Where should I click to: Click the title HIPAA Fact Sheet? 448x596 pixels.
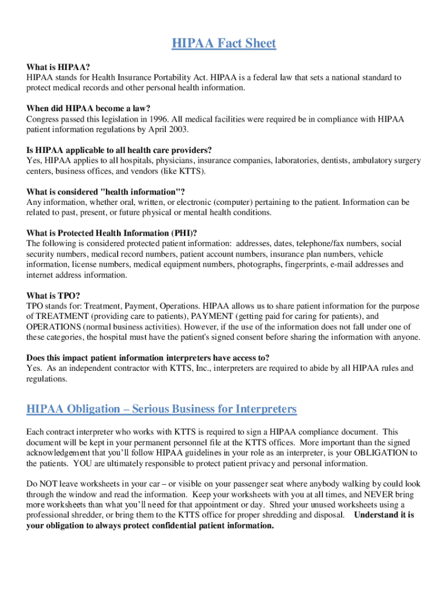[224, 44]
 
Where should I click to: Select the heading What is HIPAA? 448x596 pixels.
[58, 67]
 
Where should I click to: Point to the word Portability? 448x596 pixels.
[168, 77]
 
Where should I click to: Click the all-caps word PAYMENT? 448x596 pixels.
[212, 316]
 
